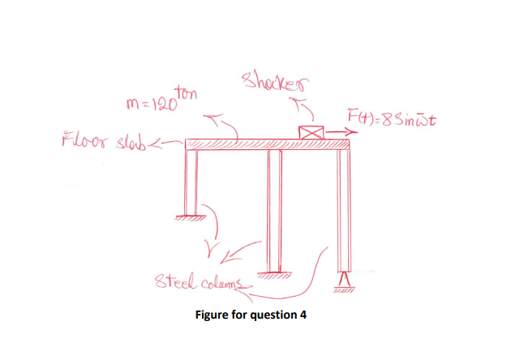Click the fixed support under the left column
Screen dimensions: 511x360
coord(191,216)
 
